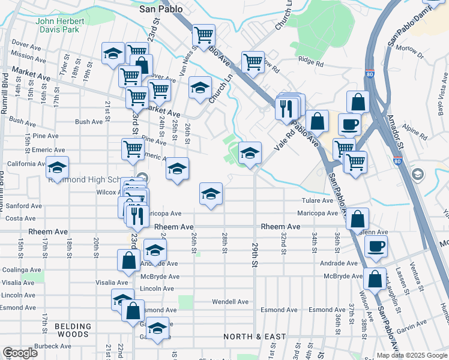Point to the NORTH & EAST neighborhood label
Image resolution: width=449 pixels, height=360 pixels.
point(255,337)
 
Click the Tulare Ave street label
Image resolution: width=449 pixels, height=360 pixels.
point(318,200)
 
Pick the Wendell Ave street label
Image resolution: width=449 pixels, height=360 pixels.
point(230,302)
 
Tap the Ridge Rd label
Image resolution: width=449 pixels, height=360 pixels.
point(311,62)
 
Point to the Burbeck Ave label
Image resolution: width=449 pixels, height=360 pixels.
point(53,346)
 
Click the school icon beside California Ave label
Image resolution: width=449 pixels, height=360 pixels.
point(58,167)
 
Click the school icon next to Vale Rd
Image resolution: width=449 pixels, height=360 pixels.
point(250,153)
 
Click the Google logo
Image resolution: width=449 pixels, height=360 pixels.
point(20,353)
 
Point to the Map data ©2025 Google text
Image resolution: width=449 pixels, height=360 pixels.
point(411,355)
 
